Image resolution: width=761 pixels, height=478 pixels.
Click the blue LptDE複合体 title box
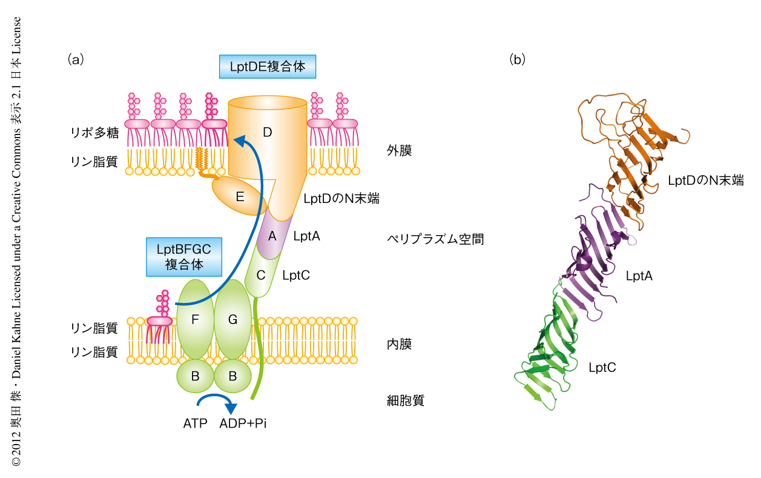click(x=267, y=67)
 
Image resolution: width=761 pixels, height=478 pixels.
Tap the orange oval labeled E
click(x=240, y=196)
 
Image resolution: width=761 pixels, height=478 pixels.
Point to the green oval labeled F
click(x=195, y=320)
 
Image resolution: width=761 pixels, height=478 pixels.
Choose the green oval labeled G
click(x=232, y=320)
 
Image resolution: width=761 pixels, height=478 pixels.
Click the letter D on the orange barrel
click(x=267, y=131)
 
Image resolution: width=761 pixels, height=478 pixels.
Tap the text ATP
click(x=195, y=423)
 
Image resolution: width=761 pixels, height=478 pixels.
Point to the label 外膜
click(x=399, y=151)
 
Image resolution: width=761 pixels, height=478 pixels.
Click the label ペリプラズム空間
click(x=435, y=239)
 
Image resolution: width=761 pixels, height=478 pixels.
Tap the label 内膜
click(x=399, y=345)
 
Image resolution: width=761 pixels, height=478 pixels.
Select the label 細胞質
click(x=405, y=400)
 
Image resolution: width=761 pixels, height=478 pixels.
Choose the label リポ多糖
click(x=94, y=133)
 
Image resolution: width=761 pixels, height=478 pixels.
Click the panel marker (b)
click(x=518, y=59)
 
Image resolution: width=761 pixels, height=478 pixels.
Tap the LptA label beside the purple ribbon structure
click(x=639, y=276)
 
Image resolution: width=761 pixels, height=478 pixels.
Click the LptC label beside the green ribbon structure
click(x=602, y=367)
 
